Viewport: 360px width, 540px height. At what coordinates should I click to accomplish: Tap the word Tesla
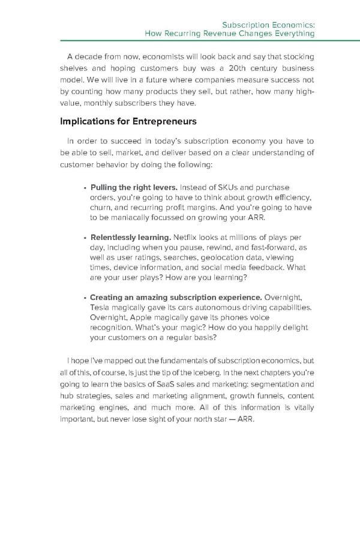click(101, 307)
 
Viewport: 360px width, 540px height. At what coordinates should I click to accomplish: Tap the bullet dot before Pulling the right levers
click(85, 188)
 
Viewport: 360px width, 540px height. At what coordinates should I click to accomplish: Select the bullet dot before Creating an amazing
click(85, 298)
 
